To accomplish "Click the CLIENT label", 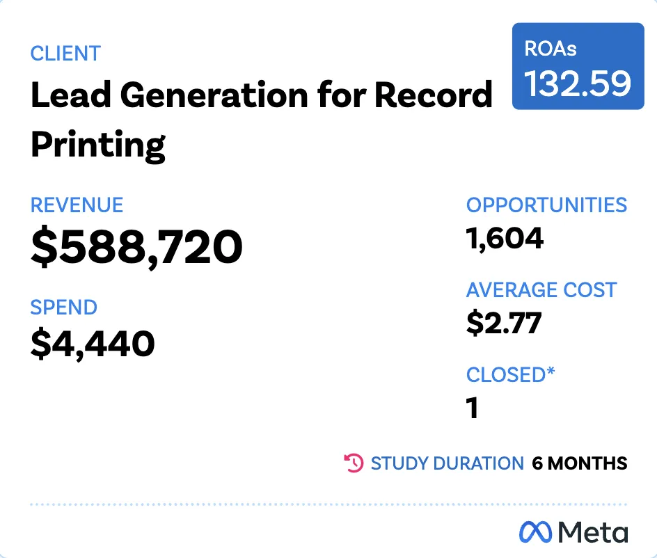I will pos(65,54).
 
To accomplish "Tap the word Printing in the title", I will pos(98,144).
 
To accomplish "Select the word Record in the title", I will pos(433,95).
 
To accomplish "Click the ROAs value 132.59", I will pos(578,83).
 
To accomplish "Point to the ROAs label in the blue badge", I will pos(551,49).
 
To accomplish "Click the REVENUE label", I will pos(77,205).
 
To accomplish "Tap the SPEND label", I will pos(63,308).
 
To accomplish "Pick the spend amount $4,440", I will pos(93,343).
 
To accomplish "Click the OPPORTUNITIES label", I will pos(546,205).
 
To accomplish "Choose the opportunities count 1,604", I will pos(505,239).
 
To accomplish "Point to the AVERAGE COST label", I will pos(541,290).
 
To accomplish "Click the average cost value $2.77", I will pos(503,324).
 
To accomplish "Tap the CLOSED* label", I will pos(510,374).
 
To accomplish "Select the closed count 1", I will pos(473,408).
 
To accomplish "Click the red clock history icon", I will pos(354,463).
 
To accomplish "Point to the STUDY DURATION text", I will pos(447,463).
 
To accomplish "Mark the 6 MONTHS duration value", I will pos(579,463).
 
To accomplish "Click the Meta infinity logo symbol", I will pos(536,532).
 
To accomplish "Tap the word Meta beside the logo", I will pos(594,532).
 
